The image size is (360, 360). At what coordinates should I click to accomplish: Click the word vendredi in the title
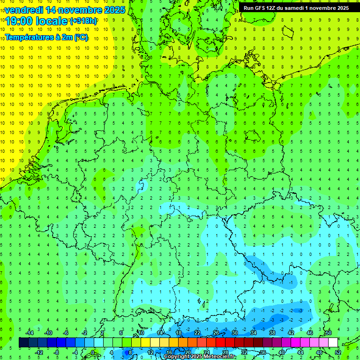[24, 10]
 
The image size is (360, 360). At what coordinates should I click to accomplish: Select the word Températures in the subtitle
[30, 37]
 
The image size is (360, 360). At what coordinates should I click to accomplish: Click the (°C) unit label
[81, 37]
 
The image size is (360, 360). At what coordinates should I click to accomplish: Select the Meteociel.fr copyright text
[200, 357]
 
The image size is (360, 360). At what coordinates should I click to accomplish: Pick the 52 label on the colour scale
[338, 352]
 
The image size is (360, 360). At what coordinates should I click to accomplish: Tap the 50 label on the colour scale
[328, 332]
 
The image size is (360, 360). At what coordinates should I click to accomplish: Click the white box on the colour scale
[333, 343]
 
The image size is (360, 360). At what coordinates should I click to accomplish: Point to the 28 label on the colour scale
[225, 352]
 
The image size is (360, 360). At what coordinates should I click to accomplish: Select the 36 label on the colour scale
[263, 352]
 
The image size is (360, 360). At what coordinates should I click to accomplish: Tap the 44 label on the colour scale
[300, 352]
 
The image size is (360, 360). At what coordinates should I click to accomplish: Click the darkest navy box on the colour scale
[23, 343]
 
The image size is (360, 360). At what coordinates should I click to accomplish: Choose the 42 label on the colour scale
[291, 332]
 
